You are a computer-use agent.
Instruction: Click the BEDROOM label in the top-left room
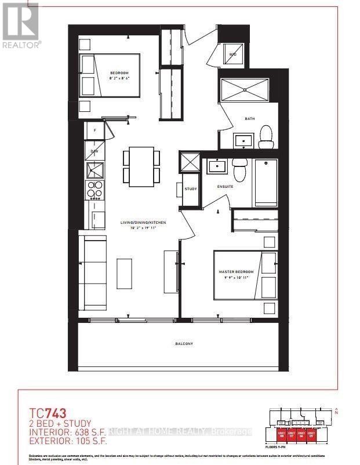120,73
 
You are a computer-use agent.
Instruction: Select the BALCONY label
184,344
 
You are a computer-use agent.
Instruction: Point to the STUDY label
191,189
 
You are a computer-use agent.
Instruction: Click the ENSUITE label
225,187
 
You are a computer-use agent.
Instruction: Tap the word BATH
249,119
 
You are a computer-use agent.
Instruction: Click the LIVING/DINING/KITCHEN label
143,223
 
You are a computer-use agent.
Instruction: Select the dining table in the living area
141,165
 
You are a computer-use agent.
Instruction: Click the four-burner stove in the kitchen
94,190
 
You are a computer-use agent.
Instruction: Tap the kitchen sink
94,170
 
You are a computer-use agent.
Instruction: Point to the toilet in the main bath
266,135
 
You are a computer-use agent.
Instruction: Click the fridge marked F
94,130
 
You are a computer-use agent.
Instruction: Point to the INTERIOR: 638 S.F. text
68,431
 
